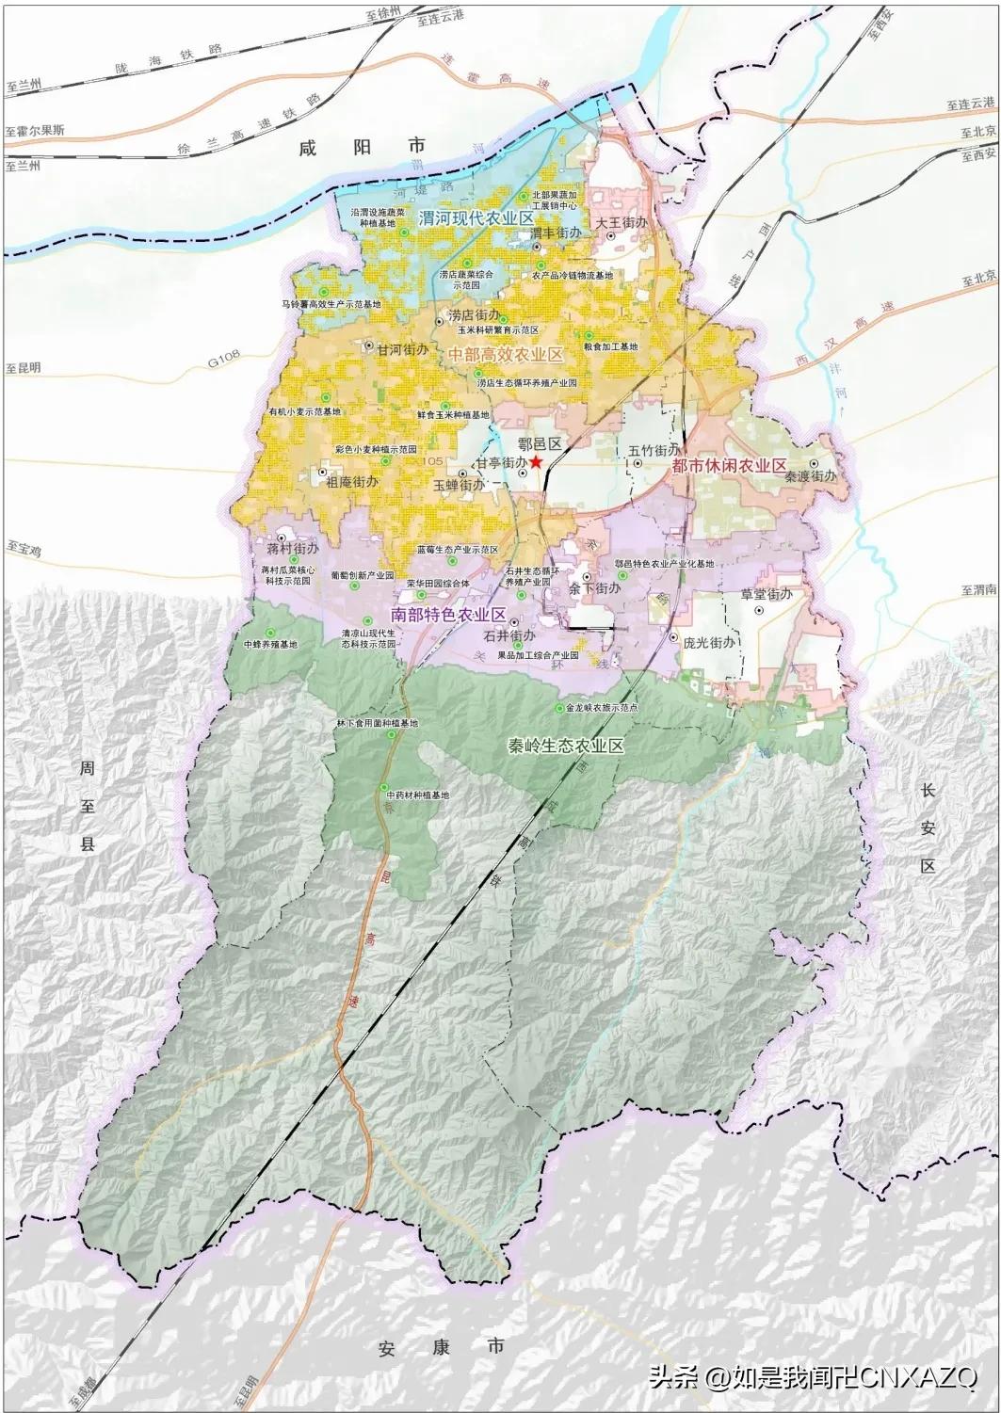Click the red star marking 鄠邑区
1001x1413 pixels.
coord(536,462)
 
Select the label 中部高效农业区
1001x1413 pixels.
coord(505,355)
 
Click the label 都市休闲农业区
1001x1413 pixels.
coord(729,465)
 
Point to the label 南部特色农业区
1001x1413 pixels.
coord(448,615)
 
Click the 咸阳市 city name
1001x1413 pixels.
coord(362,147)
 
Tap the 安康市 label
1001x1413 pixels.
coord(443,1346)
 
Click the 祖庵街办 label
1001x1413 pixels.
coord(351,481)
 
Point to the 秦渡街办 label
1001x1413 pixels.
coord(810,476)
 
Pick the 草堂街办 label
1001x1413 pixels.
coord(766,595)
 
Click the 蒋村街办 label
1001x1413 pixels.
coord(293,548)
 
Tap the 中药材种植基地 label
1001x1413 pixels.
coord(417,795)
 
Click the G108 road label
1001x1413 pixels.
coord(225,360)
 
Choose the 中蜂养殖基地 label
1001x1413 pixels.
coord(270,645)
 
